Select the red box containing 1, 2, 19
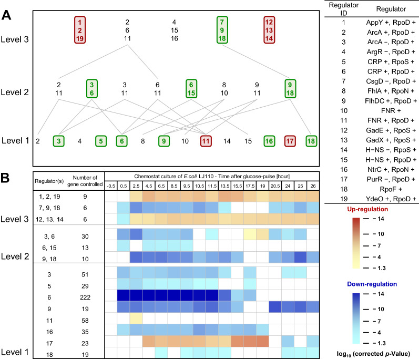pos(79,30)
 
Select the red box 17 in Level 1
pos(290,141)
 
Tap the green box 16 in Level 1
pos(269,141)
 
